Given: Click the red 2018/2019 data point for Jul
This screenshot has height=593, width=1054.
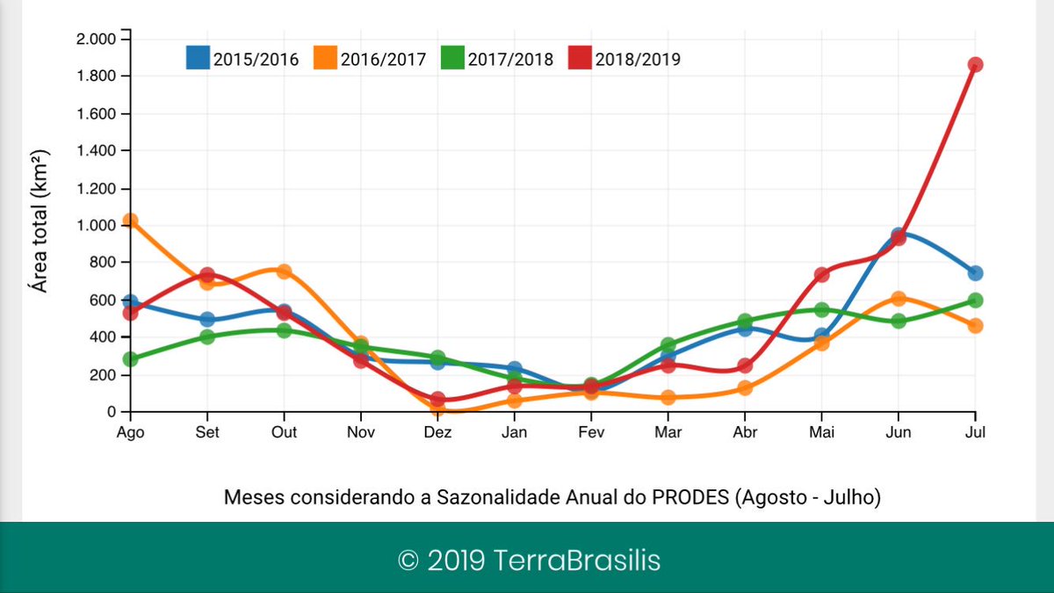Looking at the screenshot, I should (975, 65).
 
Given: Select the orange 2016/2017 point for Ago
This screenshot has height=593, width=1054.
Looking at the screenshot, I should (130, 221).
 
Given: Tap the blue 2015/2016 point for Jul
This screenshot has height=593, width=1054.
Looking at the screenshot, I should (975, 273).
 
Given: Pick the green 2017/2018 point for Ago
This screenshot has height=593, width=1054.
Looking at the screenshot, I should (130, 359).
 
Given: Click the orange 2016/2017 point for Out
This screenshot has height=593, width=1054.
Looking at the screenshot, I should (284, 271).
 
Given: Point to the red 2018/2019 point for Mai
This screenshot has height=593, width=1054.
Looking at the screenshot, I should (821, 275).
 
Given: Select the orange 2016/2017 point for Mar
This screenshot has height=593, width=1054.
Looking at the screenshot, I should (668, 397).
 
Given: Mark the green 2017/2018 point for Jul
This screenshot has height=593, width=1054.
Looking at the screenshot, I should (975, 300).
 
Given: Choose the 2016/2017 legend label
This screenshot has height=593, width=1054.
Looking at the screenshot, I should (383, 60).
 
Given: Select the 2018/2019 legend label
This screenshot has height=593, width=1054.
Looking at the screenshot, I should (638, 60).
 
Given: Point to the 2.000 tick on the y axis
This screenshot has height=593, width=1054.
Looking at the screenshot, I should (97, 40).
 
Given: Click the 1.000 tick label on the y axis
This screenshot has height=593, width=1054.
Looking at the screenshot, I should (97, 226).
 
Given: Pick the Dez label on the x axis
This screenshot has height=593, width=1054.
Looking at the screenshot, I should (437, 432).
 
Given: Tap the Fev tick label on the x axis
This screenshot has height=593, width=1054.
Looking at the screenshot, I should (591, 432).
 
